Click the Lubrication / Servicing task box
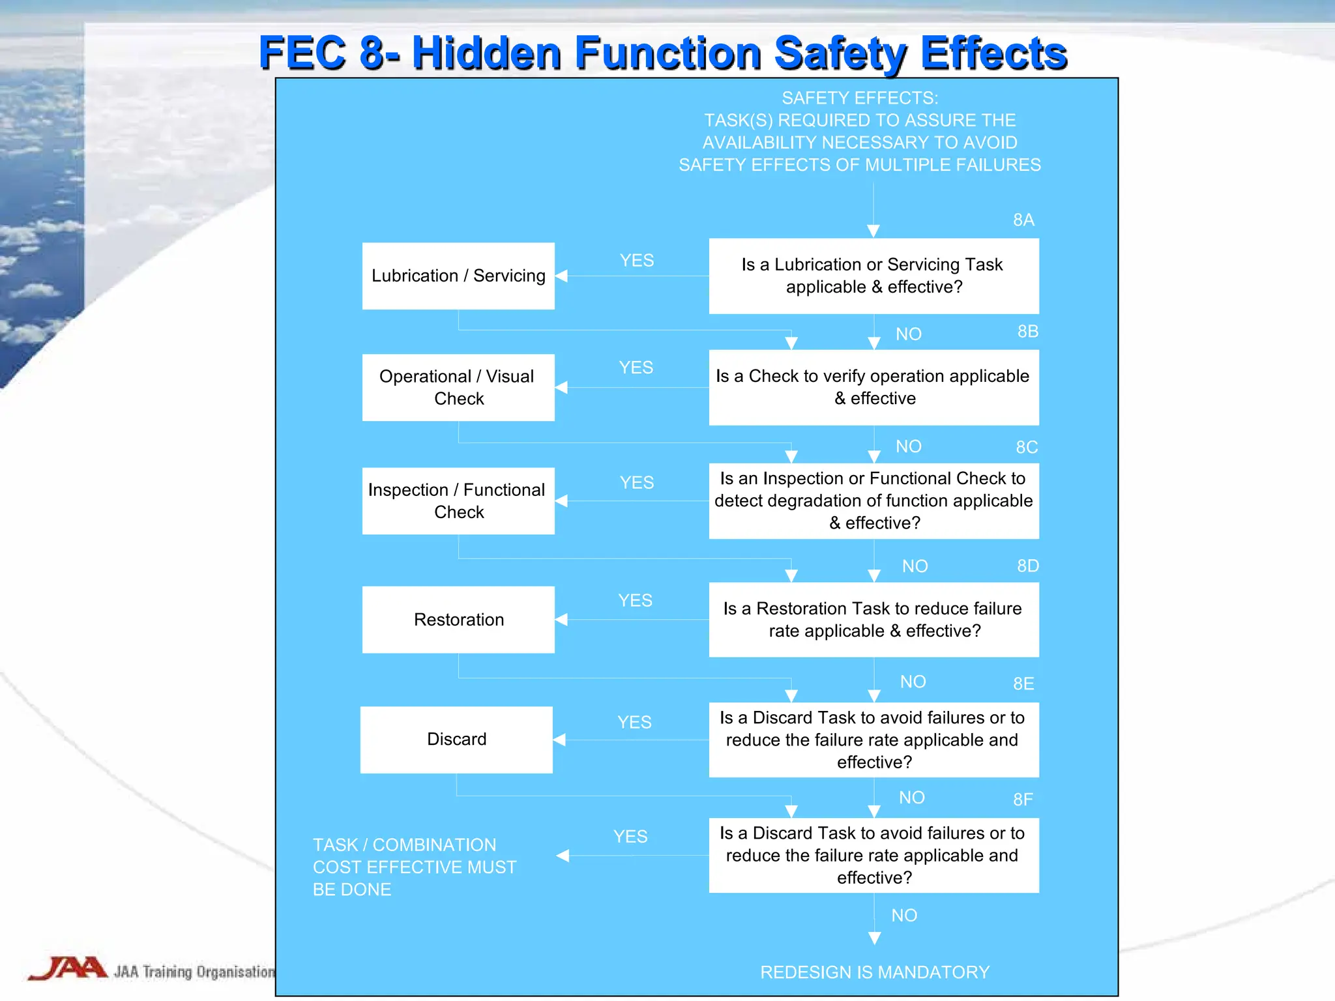458,276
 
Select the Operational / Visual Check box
458,387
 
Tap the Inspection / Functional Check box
458,500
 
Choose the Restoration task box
458,619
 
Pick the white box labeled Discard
456,739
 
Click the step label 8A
1023,220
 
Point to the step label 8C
1027,447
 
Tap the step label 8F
1023,800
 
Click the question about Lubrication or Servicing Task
873,276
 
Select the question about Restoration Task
873,619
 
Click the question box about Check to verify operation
873,387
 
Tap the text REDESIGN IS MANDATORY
875,972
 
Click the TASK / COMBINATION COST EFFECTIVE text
415,867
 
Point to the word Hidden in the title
487,53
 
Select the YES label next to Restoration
635,600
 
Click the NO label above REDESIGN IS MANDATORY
904,916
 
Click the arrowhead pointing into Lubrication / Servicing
561,276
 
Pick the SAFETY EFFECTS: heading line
860,98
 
